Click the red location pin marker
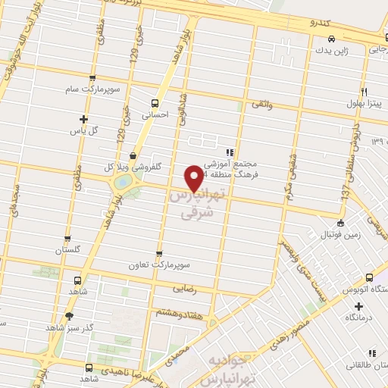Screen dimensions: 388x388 point(195,177)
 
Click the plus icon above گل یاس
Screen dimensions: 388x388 point(83,119)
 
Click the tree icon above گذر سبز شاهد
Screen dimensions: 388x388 point(70,316)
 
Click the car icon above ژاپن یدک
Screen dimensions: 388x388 point(331,39)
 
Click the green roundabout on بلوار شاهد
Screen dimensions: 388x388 point(121,183)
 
